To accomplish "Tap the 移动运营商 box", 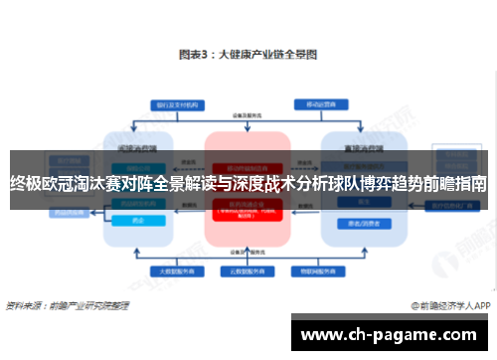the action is (x=316, y=102).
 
